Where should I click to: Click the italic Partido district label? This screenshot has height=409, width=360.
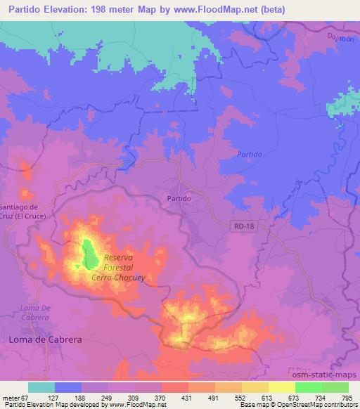tap(249, 154)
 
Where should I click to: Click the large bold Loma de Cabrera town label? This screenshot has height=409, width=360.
tap(45, 339)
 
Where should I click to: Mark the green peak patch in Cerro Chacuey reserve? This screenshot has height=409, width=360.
tap(89, 254)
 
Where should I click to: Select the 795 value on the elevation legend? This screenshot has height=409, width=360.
tap(347, 397)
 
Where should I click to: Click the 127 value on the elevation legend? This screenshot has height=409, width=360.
tap(56, 397)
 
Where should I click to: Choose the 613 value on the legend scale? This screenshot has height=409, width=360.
tap(268, 397)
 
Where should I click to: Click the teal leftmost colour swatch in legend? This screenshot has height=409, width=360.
tap(41, 387)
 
